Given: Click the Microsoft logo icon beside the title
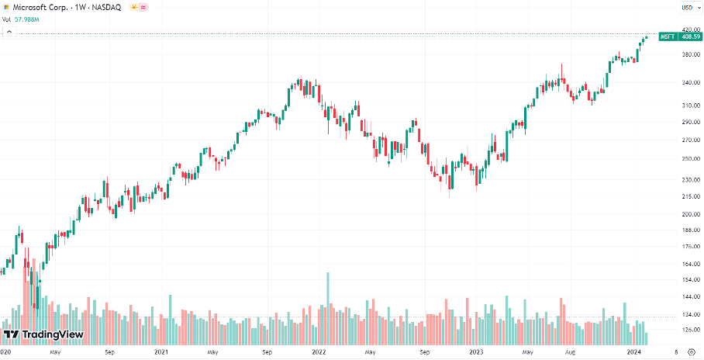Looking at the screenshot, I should click(6, 7).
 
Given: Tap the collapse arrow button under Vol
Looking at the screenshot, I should click(9, 32).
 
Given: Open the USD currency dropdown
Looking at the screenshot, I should click(686, 8).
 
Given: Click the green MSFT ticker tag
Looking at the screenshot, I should click(667, 36).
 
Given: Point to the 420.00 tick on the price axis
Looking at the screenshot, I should click(686, 29).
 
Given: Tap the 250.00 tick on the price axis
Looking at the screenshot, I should click(686, 158).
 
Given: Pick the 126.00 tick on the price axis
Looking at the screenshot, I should click(686, 329).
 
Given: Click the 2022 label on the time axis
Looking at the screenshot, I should click(319, 352).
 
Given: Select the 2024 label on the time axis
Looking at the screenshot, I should click(634, 352).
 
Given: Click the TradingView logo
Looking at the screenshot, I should click(43, 334).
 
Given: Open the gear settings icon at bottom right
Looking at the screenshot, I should click(691, 352).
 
